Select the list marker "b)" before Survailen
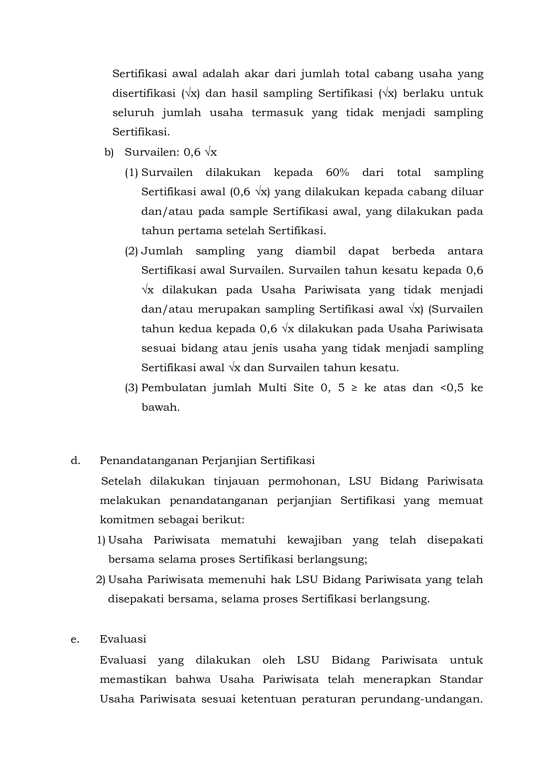click(109, 152)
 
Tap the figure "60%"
click(337, 173)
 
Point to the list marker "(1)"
click(132, 173)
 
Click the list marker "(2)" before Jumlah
click(132, 251)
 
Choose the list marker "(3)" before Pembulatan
click(132, 388)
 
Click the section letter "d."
click(75, 461)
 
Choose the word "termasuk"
click(277, 112)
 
